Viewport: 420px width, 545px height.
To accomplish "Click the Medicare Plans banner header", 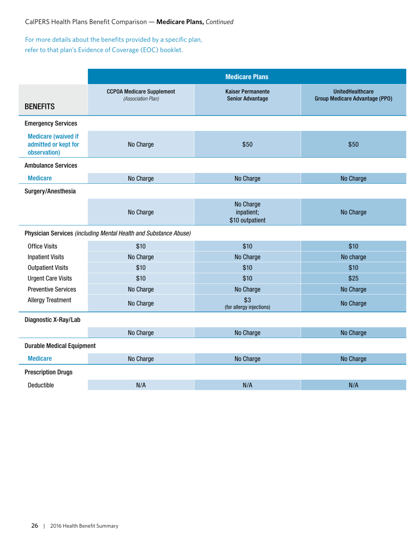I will click(x=247, y=76).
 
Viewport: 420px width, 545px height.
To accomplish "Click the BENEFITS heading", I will click(x=39, y=106).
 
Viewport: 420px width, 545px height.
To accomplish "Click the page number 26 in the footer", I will click(x=34, y=526).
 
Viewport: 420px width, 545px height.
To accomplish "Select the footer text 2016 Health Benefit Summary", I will click(x=84, y=526).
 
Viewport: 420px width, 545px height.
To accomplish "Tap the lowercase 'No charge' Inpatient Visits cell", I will click(x=353, y=257).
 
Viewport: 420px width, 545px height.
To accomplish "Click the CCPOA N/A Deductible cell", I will click(x=141, y=385).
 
